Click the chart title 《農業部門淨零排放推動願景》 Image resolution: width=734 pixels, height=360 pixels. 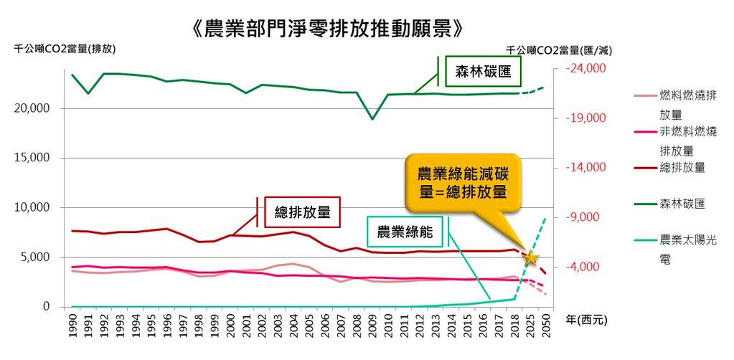327,29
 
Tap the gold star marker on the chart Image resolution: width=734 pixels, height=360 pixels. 531,257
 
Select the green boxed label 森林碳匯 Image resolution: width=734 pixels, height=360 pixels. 483,72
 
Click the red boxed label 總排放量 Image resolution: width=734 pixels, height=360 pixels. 302,212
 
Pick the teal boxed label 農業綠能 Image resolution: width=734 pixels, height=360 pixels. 405,232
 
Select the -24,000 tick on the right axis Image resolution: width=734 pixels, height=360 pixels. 585,69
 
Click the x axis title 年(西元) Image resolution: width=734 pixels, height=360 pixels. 586,321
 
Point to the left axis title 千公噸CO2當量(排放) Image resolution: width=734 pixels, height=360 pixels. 64,49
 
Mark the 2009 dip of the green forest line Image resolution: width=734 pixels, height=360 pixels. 372,119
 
